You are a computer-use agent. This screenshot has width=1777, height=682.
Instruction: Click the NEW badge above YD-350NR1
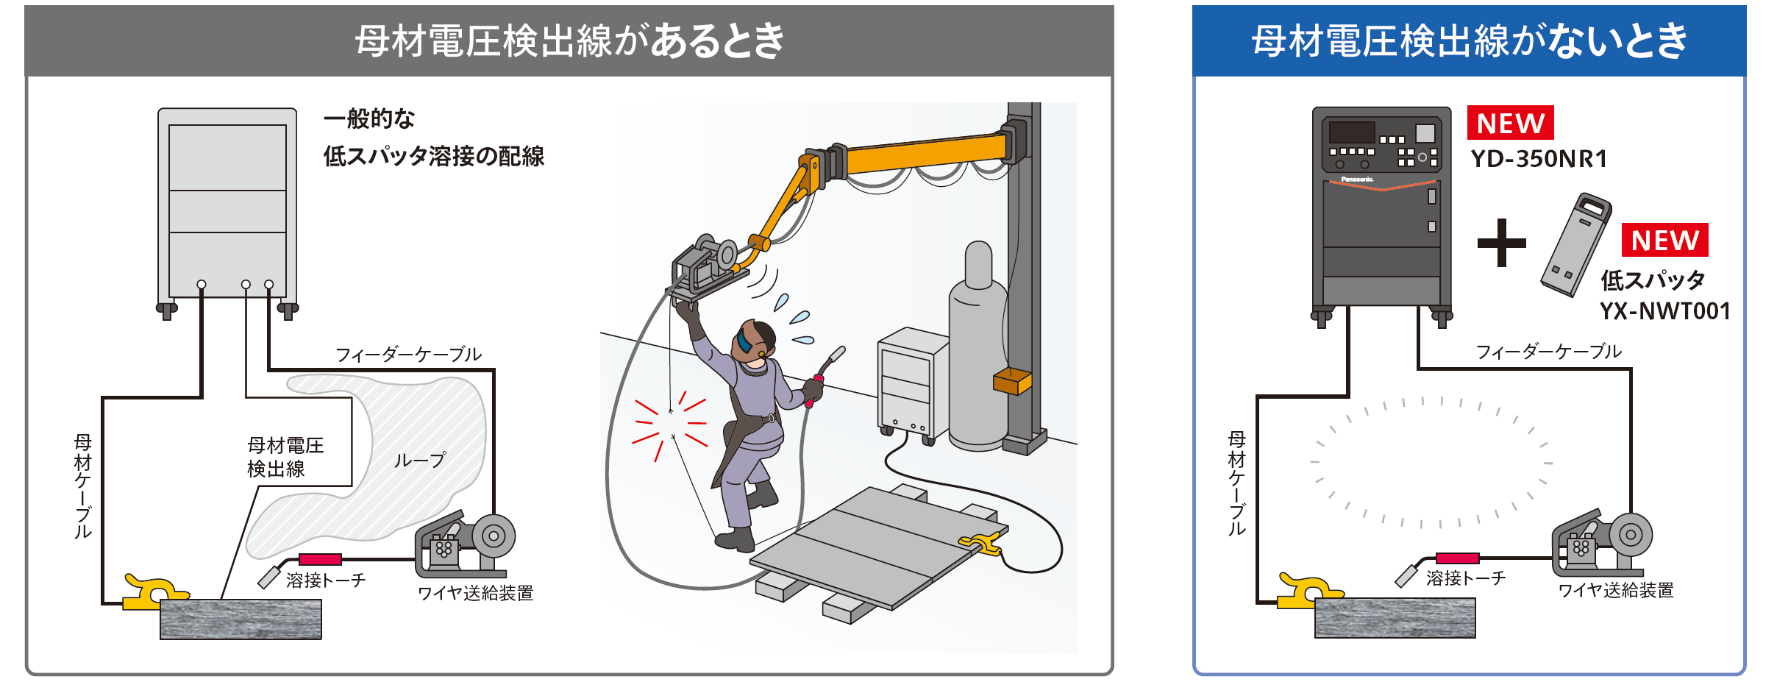(x=1510, y=123)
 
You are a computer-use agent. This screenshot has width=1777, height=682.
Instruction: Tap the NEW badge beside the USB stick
(x=1664, y=241)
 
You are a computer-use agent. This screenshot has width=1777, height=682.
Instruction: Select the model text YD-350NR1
(x=1539, y=159)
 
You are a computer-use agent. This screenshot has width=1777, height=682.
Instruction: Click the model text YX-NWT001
(x=1664, y=311)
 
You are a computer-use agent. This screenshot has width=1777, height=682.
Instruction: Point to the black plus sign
(x=1501, y=243)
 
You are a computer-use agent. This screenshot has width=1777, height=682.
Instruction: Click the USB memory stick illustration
(x=1576, y=245)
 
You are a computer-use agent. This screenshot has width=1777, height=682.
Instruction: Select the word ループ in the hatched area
(x=419, y=461)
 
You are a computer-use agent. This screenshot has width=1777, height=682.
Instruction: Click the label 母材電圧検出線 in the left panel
(x=285, y=457)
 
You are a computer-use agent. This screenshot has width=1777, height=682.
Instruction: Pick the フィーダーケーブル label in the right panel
(x=1548, y=352)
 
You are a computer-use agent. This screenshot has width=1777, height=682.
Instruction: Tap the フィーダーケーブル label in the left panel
(x=408, y=355)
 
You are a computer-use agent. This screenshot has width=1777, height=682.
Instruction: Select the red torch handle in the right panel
(x=1457, y=558)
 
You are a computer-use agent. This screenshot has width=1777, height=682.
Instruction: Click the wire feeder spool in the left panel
(x=494, y=536)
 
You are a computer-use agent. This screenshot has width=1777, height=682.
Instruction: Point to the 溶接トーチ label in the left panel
(x=325, y=580)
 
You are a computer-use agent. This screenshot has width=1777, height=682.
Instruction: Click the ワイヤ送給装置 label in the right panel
(x=1615, y=590)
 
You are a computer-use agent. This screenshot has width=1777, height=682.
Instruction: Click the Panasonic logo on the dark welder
(x=1357, y=179)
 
